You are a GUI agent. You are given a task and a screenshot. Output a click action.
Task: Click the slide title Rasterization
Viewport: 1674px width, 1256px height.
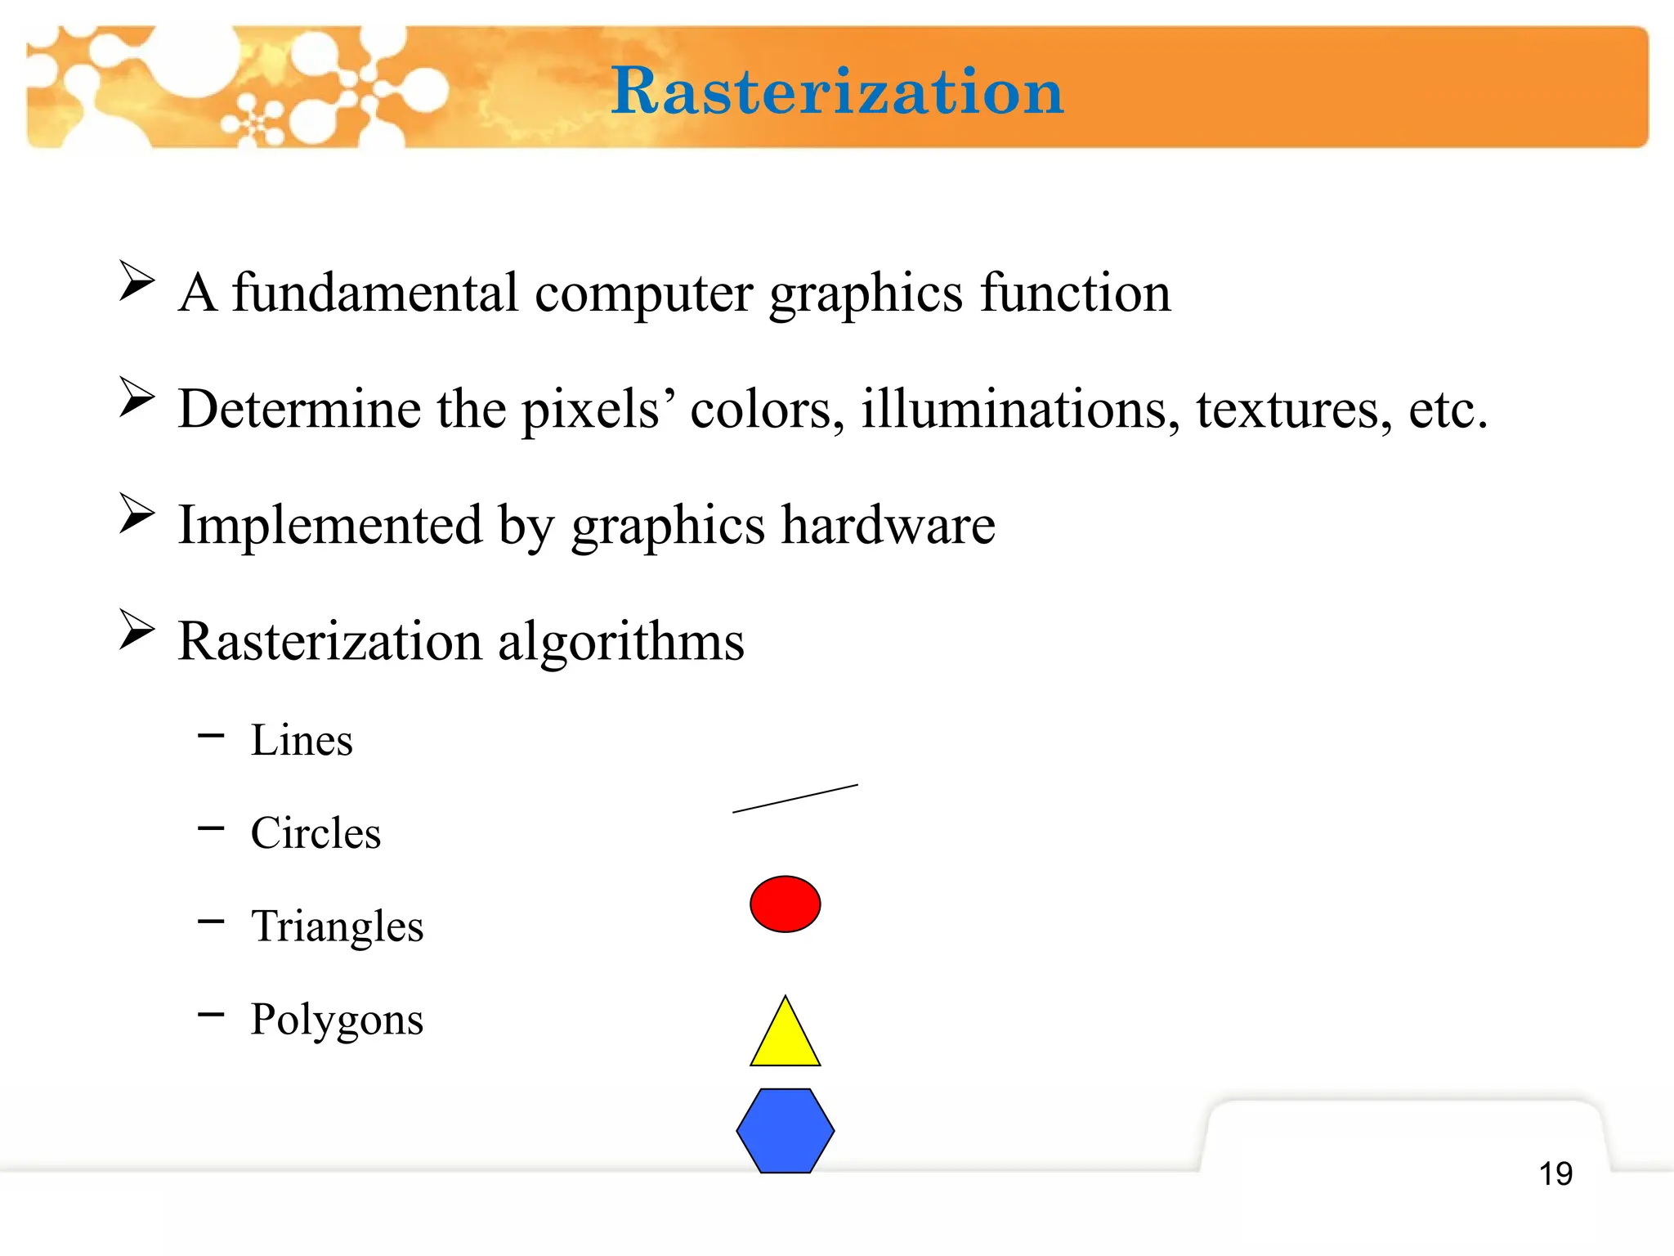[837, 92]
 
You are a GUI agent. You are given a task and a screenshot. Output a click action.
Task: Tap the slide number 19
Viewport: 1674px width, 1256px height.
[1555, 1174]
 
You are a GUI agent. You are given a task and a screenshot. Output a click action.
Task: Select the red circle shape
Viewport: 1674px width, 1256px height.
[785, 904]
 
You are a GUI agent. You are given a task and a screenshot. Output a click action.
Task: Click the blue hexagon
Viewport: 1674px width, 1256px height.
[785, 1131]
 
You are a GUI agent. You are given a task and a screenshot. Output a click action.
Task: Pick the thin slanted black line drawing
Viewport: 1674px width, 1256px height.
[795, 799]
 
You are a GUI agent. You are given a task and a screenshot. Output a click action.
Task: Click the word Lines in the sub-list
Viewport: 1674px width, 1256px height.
[302, 741]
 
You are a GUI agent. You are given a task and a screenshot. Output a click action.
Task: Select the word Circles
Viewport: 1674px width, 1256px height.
[316, 834]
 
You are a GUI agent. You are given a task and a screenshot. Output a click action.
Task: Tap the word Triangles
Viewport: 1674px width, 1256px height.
[337, 927]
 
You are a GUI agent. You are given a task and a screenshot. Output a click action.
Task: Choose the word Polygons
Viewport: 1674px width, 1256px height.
[337, 1020]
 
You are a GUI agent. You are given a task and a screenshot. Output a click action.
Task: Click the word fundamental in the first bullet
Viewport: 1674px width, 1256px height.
[374, 293]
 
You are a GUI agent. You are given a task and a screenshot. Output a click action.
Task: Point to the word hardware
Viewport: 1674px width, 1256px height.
[888, 525]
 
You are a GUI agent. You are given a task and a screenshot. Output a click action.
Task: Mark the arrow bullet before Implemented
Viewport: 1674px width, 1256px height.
[137, 514]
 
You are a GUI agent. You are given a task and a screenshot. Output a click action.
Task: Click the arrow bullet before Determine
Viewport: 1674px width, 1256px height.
[137, 397]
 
